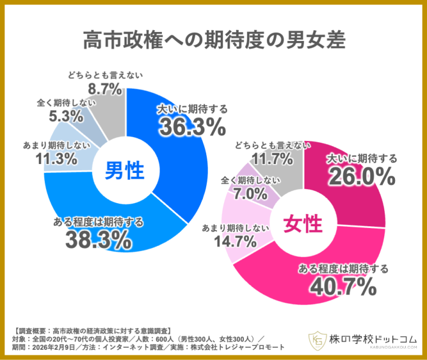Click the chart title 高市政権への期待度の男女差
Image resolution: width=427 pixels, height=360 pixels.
[213, 40]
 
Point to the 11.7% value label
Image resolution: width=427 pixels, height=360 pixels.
[273, 161]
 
